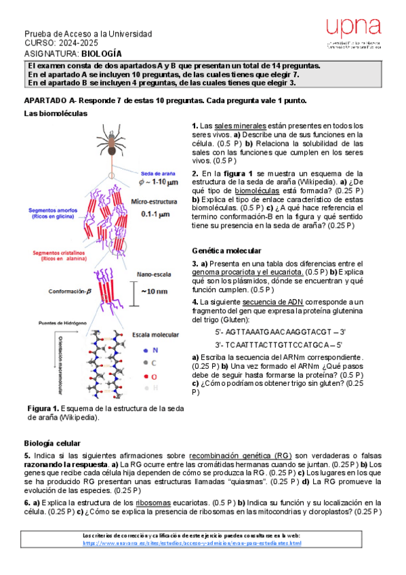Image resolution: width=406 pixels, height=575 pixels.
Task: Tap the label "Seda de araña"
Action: pyautogui.click(x=157, y=172)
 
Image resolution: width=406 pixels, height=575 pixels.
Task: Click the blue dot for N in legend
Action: pyautogui.click(x=146, y=350)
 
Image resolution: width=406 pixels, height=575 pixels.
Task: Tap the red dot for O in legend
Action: pyautogui.click(x=146, y=375)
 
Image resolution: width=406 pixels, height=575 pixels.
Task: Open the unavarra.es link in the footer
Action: pyautogui.click(x=192, y=543)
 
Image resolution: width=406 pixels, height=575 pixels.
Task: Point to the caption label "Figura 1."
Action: pyautogui.click(x=43, y=408)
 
